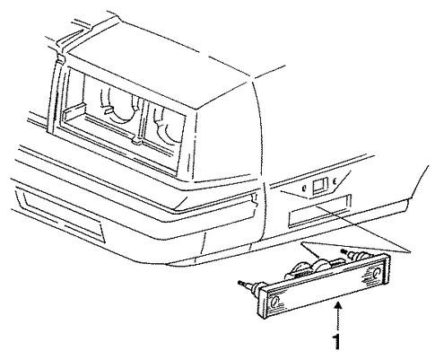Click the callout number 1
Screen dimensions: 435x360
tap(337, 342)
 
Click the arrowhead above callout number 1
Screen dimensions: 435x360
tap(338, 306)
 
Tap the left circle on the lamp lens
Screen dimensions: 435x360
tap(274, 302)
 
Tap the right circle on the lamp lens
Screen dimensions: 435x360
tap(377, 272)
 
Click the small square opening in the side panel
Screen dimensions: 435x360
tap(319, 185)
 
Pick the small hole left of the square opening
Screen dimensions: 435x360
tap(304, 189)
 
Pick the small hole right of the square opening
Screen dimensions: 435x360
tap(335, 180)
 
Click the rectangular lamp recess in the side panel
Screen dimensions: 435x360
tap(318, 210)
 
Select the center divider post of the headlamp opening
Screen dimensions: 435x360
tap(139, 120)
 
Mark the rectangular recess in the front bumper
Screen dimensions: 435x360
tap(61, 215)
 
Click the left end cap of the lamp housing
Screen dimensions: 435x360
tap(261, 303)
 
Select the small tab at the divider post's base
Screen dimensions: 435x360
tap(136, 140)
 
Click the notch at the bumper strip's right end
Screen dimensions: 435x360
tap(255, 199)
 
